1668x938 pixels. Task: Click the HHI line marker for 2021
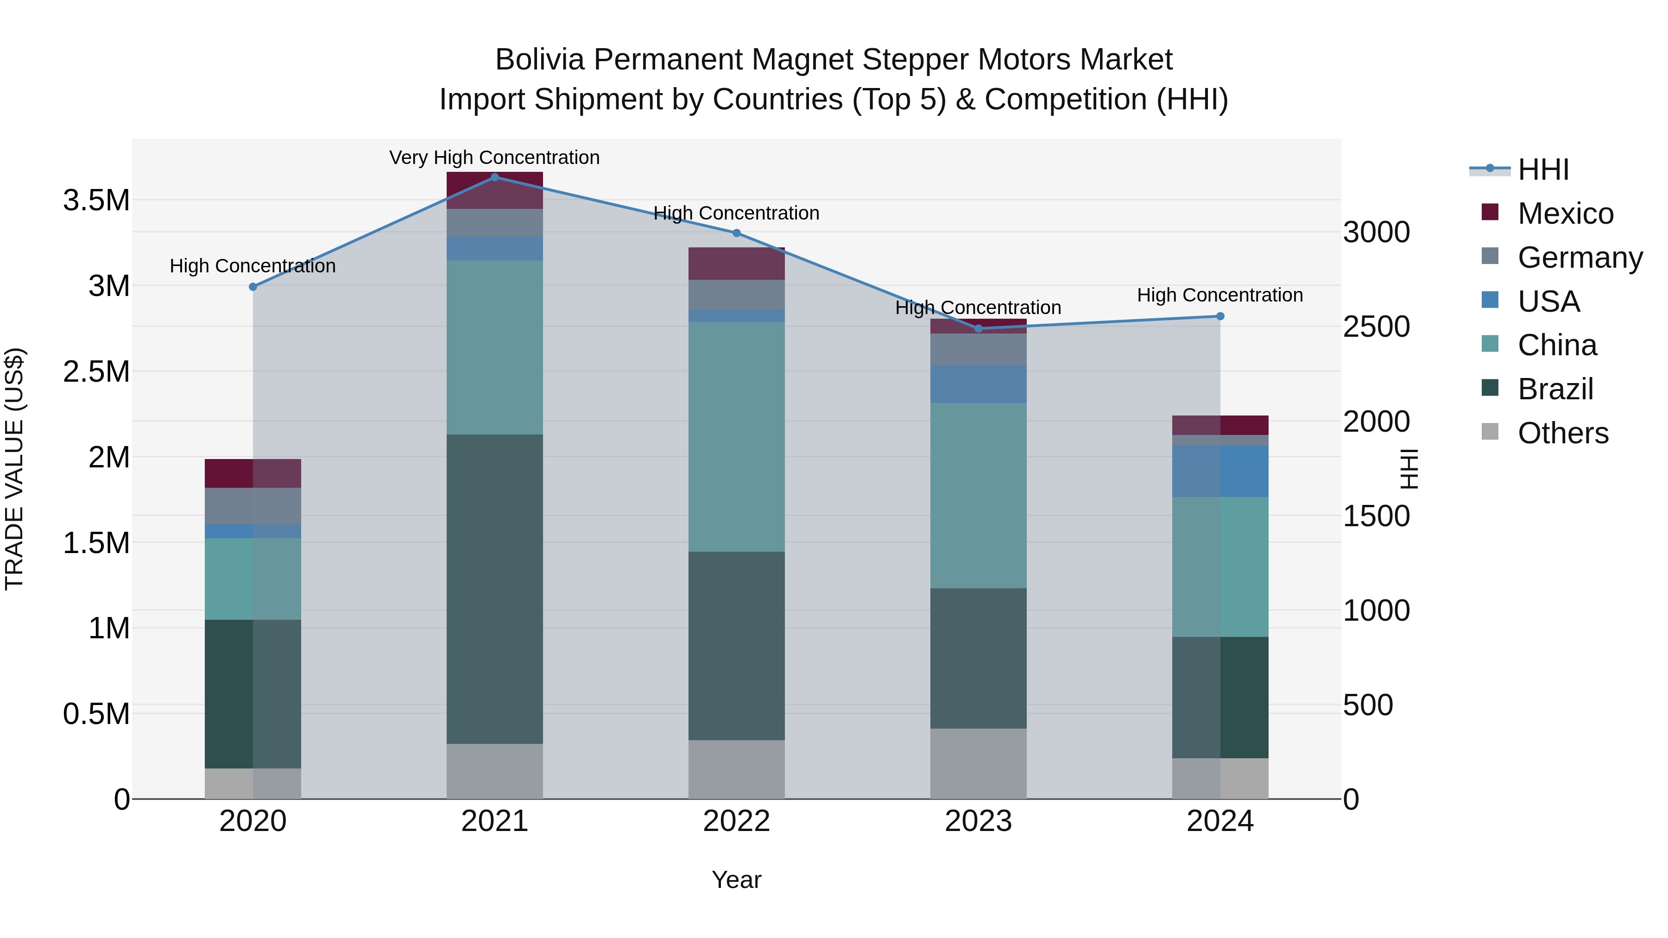coord(495,177)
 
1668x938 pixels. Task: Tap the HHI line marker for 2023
coord(979,328)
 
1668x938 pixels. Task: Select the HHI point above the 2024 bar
coord(1220,316)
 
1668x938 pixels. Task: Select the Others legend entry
coord(1562,433)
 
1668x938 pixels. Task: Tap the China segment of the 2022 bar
coord(736,436)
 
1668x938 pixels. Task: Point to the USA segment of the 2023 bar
coord(979,384)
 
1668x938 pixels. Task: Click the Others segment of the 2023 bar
coord(979,763)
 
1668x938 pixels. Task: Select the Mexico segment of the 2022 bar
coord(736,264)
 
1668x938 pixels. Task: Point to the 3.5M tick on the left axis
coord(96,201)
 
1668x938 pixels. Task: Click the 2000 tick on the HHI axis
coord(1377,422)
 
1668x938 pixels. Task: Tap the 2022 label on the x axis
coord(736,821)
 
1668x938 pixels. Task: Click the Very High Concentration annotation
coord(495,157)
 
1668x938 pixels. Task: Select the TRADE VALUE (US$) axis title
coord(14,469)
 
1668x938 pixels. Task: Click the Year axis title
coord(736,880)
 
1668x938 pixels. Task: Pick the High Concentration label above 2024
coord(1220,295)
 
